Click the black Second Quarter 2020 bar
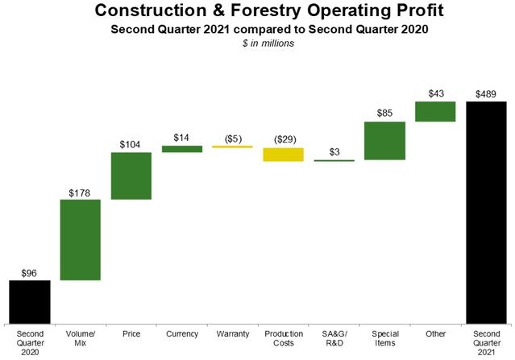(30, 302)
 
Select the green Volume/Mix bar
(80, 240)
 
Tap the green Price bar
(131, 176)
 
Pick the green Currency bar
(182, 149)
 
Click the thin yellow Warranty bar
(233, 147)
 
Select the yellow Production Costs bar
(284, 155)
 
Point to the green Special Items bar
(385, 141)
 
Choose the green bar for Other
(435, 112)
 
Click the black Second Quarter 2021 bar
(487, 213)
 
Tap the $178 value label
(80, 193)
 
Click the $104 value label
(130, 144)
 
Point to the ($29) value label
(285, 139)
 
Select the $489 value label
(486, 94)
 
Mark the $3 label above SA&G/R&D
(334, 152)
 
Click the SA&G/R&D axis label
(334, 338)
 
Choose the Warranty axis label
(233, 334)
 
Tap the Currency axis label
(182, 334)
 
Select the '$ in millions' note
(268, 43)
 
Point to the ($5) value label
(233, 139)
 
